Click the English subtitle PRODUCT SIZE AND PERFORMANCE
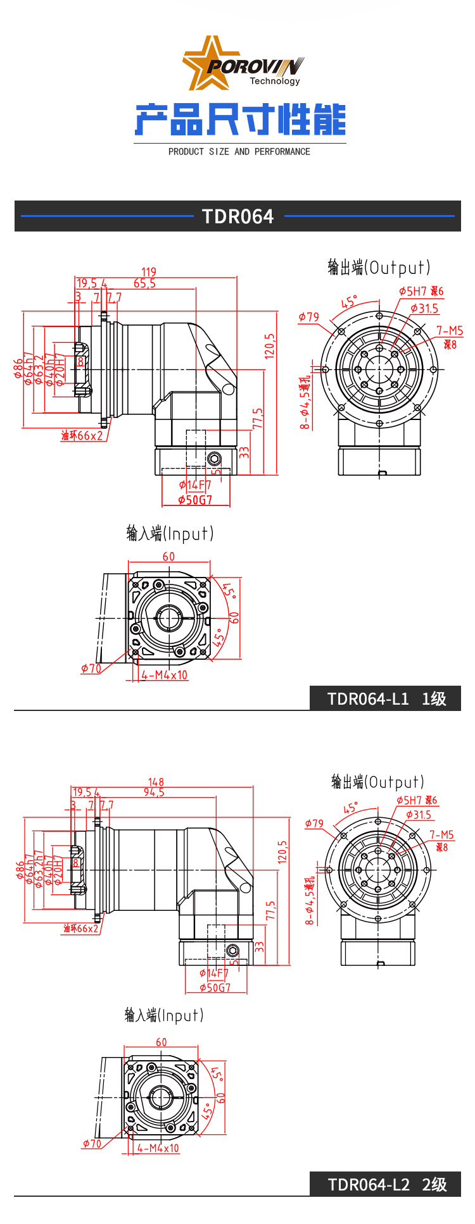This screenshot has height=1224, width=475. click(x=239, y=152)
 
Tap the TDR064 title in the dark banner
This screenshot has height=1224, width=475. click(x=237, y=216)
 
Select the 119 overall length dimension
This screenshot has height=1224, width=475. click(x=149, y=271)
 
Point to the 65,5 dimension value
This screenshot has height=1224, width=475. click(x=144, y=283)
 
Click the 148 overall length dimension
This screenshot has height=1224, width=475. click(x=156, y=782)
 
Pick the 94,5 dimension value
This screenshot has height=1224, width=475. click(x=154, y=793)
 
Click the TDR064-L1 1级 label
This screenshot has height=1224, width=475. click(x=386, y=699)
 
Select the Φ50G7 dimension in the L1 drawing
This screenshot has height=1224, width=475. click(x=195, y=500)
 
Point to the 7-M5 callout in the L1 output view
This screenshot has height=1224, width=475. click(x=450, y=331)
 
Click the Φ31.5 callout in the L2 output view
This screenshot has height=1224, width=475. click(x=419, y=815)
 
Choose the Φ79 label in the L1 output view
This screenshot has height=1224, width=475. click(x=309, y=317)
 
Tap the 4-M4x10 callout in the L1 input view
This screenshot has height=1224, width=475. click(x=165, y=675)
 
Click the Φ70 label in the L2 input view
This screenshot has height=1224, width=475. click(x=92, y=1144)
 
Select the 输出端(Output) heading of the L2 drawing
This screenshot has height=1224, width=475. click(x=377, y=782)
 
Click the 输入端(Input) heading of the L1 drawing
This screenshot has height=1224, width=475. click(x=170, y=534)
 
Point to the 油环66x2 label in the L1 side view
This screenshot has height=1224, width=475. click(x=82, y=436)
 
